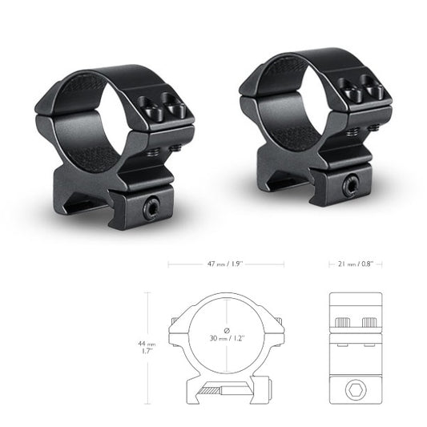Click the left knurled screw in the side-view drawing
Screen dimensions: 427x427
[x=342, y=322]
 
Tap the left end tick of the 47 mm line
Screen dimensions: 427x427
[x=169, y=263]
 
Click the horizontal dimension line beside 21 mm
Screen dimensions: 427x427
[x=330, y=263]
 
